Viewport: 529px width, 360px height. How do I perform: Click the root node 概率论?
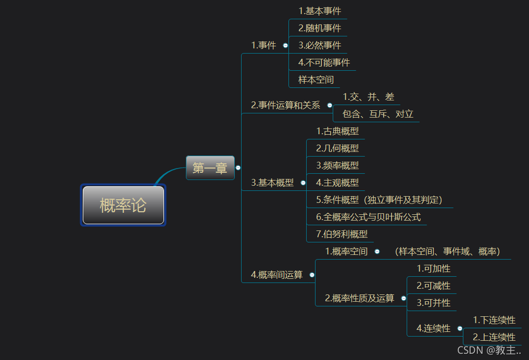coord(123,205)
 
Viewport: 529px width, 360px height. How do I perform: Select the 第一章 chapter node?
coord(210,168)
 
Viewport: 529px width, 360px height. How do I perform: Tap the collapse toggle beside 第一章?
coord(238,168)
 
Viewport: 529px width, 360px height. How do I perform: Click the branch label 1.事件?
coord(263,45)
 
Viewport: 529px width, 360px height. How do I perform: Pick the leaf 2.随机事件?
coord(320,28)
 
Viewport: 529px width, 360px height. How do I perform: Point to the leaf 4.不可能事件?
coord(324,62)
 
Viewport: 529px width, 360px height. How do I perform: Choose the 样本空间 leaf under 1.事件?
coord(316,80)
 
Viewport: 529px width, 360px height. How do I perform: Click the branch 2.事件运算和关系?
coord(285,105)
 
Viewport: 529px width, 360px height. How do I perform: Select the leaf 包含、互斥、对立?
coord(378,113)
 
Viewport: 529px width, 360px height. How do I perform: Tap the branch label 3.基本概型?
coord(272,183)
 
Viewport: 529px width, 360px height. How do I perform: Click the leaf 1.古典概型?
coord(337,131)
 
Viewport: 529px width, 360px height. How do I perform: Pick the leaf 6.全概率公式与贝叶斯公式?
coord(368,217)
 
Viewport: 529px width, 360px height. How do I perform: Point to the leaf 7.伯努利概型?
coord(342,234)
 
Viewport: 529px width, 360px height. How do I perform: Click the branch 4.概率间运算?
coord(276,275)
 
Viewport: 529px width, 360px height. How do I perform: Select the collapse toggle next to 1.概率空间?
coord(377,252)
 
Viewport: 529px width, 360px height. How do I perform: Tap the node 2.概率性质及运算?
coord(359,298)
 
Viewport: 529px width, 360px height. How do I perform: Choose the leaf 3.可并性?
coord(433,302)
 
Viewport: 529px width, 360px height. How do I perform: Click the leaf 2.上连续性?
coord(494,337)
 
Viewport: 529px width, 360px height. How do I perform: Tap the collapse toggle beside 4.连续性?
coord(460,328)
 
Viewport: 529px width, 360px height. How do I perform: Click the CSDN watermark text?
coord(489,350)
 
